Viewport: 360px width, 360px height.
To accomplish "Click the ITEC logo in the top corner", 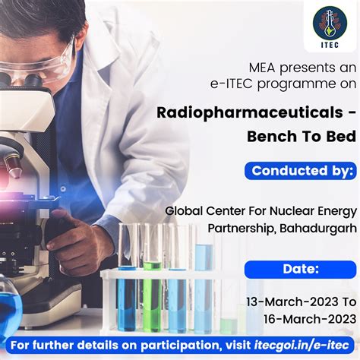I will pyautogui.click(x=330, y=27).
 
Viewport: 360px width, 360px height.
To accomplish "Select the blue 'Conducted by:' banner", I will pyautogui.click(x=300, y=170).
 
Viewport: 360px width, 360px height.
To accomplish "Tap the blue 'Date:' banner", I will pyautogui.click(x=300, y=268).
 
